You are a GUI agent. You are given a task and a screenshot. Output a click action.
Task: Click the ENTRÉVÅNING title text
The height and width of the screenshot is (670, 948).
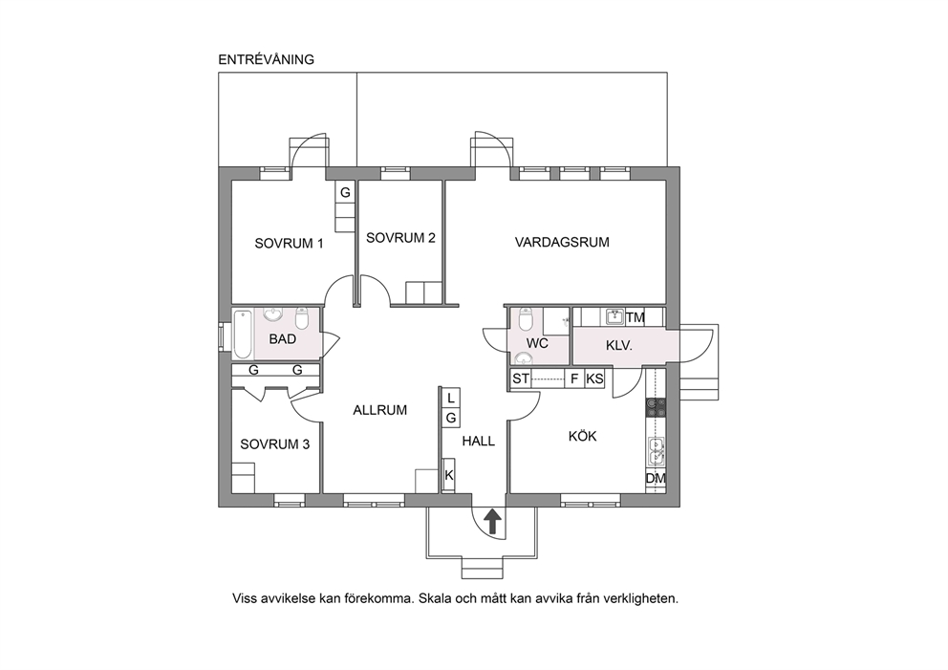(x=266, y=59)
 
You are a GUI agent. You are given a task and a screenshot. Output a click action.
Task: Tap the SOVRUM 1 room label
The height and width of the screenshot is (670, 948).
(x=289, y=244)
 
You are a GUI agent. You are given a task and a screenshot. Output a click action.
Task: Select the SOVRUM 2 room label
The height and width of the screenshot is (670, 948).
(x=400, y=238)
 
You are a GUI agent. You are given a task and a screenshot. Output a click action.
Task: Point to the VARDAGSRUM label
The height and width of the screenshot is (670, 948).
(x=562, y=243)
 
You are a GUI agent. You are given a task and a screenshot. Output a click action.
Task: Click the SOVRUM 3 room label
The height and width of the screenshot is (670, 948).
(x=274, y=444)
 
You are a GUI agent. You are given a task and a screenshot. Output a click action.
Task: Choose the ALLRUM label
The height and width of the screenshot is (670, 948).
(x=379, y=410)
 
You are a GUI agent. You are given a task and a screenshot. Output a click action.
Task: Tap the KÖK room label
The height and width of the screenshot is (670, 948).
(x=582, y=436)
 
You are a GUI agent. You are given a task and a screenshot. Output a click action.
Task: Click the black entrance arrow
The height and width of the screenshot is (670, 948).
(x=493, y=521)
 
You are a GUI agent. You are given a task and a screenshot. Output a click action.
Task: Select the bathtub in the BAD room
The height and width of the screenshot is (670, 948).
(x=242, y=334)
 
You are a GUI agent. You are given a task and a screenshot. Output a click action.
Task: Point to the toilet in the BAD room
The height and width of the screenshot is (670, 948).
(x=302, y=317)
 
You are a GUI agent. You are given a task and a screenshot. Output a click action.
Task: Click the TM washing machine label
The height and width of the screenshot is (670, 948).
(x=635, y=317)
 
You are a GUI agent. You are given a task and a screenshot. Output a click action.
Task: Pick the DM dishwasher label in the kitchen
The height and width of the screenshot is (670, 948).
(x=656, y=478)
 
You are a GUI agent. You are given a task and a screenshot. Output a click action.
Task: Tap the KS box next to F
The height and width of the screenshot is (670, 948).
(x=594, y=379)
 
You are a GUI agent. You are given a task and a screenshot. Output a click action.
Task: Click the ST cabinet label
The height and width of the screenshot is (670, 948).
(x=521, y=379)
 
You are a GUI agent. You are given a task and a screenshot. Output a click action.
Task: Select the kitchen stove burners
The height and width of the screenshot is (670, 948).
(x=656, y=407)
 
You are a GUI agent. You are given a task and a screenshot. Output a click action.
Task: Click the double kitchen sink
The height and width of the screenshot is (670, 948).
(x=656, y=452)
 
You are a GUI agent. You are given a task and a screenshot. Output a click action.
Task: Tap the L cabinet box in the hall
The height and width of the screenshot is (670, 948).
(x=450, y=398)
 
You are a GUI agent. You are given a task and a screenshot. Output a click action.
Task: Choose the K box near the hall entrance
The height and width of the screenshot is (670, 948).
(x=448, y=475)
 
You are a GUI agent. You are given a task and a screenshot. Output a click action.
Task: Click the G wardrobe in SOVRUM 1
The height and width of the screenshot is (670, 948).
(x=345, y=193)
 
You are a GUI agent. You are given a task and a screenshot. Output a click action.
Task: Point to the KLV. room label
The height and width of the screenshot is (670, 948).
(x=618, y=347)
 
